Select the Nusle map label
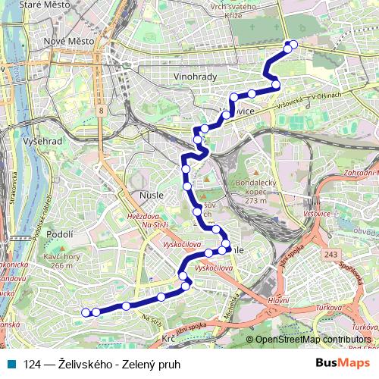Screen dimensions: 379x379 point(152,195)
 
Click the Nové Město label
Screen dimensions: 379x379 point(69,40)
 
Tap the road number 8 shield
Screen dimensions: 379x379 point(101,111)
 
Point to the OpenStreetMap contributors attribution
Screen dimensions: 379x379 point(313,340)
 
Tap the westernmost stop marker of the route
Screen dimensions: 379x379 point(86,312)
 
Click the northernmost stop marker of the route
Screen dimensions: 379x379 point(293,45)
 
